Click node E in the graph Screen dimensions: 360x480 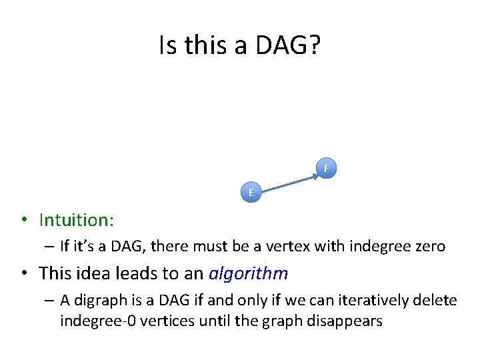coord(251,193)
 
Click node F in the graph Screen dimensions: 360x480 coord(326,169)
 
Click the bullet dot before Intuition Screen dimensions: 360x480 coord(23,221)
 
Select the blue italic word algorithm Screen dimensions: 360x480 coord(248,273)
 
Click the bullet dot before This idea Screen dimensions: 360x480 coord(23,274)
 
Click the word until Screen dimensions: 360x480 coord(203,321)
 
